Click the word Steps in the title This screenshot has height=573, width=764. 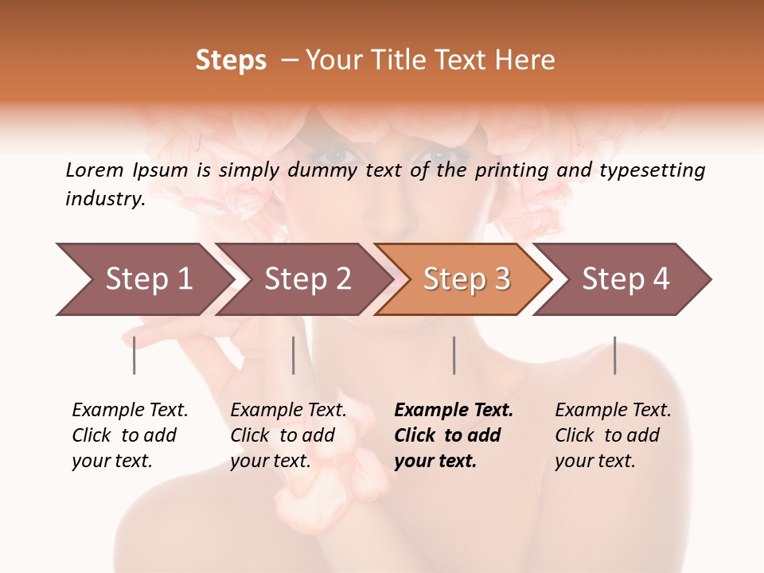[231, 60]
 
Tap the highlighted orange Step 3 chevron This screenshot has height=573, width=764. [466, 279]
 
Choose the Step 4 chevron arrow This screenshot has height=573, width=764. [626, 279]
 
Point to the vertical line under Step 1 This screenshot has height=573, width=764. [134, 355]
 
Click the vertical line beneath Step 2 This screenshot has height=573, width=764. [294, 355]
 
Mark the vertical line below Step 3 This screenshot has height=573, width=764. [454, 355]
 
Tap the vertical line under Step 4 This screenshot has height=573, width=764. [614, 355]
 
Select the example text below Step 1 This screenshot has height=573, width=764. [130, 435]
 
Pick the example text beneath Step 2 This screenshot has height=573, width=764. [288, 435]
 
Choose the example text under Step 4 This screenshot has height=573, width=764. [613, 435]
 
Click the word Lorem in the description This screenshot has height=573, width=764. [95, 170]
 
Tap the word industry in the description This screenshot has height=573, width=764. [105, 199]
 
